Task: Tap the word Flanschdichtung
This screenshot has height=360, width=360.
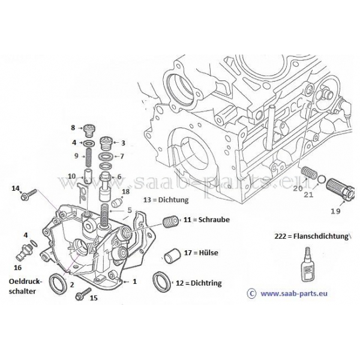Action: (x=321, y=236)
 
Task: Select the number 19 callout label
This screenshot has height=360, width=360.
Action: (x=335, y=211)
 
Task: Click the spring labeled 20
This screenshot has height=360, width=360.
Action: (x=308, y=173)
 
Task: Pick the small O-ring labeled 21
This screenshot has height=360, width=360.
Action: (x=321, y=178)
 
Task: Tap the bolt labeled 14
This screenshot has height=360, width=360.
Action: (x=29, y=194)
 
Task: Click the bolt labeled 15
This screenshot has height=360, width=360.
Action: (x=83, y=294)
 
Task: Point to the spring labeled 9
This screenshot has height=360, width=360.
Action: (x=88, y=157)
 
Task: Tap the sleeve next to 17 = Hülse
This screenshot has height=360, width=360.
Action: (x=172, y=256)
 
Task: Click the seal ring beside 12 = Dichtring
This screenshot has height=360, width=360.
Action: (x=161, y=281)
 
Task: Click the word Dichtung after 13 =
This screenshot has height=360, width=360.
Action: (x=173, y=200)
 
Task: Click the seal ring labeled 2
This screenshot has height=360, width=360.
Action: (x=59, y=283)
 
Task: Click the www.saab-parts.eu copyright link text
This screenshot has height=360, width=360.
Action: (x=294, y=293)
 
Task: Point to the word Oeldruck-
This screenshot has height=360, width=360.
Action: (x=26, y=281)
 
